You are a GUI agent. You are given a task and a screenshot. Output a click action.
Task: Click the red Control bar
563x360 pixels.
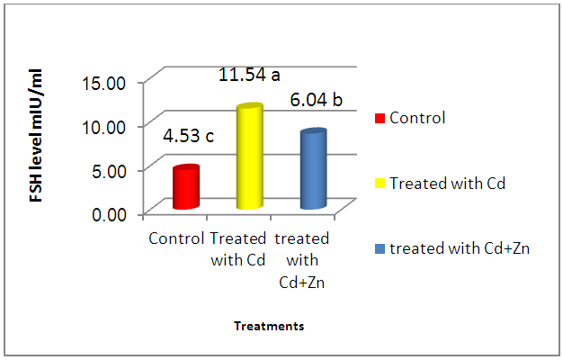185,188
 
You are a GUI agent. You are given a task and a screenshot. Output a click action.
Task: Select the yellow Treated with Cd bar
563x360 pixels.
249,158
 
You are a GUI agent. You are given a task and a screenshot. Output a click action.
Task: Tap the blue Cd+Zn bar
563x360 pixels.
313,171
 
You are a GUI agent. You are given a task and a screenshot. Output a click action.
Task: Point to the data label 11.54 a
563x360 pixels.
255,76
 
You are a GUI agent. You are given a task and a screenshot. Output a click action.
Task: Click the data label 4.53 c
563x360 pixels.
187,137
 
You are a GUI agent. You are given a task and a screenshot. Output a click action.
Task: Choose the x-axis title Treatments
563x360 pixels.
269,327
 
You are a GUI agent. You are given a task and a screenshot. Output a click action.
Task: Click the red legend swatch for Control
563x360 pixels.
380,118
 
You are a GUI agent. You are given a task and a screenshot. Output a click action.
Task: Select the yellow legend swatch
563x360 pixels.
380,184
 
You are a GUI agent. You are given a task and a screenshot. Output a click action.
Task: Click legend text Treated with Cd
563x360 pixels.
448,184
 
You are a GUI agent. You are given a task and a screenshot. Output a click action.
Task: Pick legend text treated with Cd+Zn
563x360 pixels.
459,248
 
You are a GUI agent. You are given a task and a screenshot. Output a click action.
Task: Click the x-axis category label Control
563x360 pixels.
176,239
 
